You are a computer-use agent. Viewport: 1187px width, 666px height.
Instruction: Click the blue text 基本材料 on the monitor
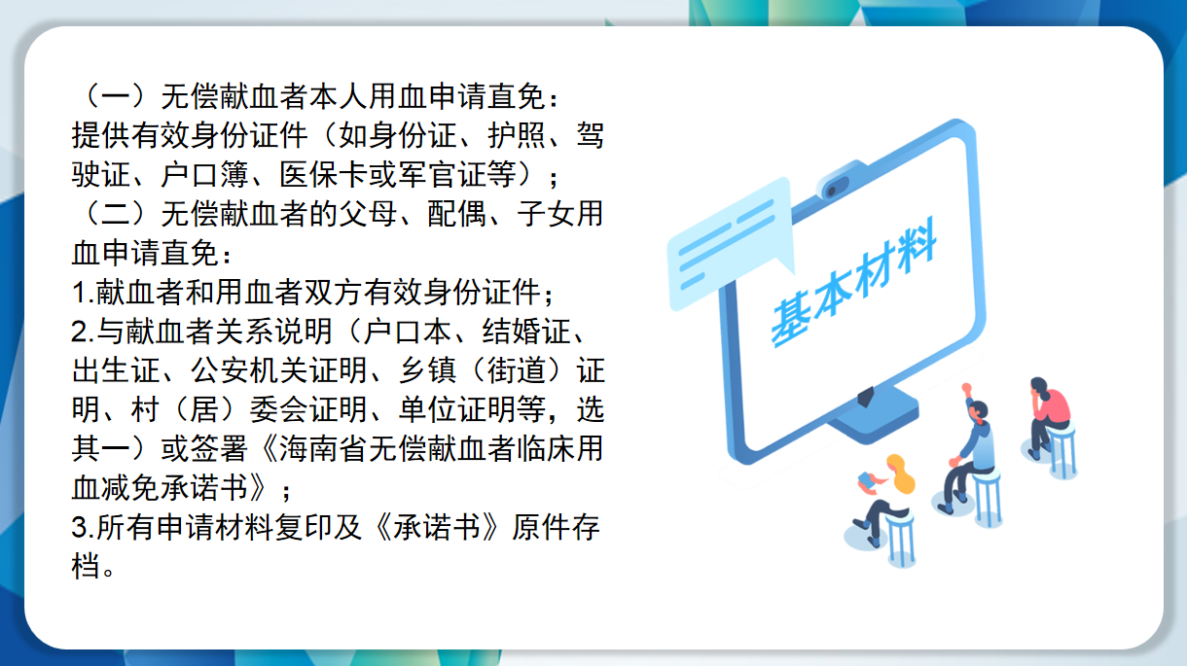[853, 282]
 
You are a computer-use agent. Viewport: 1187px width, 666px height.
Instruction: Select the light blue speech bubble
[731, 242]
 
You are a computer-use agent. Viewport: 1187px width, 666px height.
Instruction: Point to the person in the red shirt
[1048, 418]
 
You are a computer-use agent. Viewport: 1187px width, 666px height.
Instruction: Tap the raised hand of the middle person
[966, 388]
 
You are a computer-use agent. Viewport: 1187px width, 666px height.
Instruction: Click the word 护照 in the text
[517, 135]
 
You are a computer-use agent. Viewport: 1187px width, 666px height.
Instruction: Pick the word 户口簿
[205, 175]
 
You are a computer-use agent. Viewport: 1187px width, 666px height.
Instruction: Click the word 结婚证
[526, 332]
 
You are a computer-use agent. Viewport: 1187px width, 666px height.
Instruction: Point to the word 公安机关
[250, 370]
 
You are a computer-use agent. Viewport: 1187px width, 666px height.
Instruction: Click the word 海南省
[323, 449]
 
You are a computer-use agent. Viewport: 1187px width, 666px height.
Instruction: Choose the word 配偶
[456, 214]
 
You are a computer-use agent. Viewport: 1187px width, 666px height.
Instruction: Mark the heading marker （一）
[115, 96]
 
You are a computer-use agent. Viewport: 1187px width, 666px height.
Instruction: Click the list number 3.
[80, 528]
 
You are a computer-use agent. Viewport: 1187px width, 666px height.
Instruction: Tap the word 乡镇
[427, 370]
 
